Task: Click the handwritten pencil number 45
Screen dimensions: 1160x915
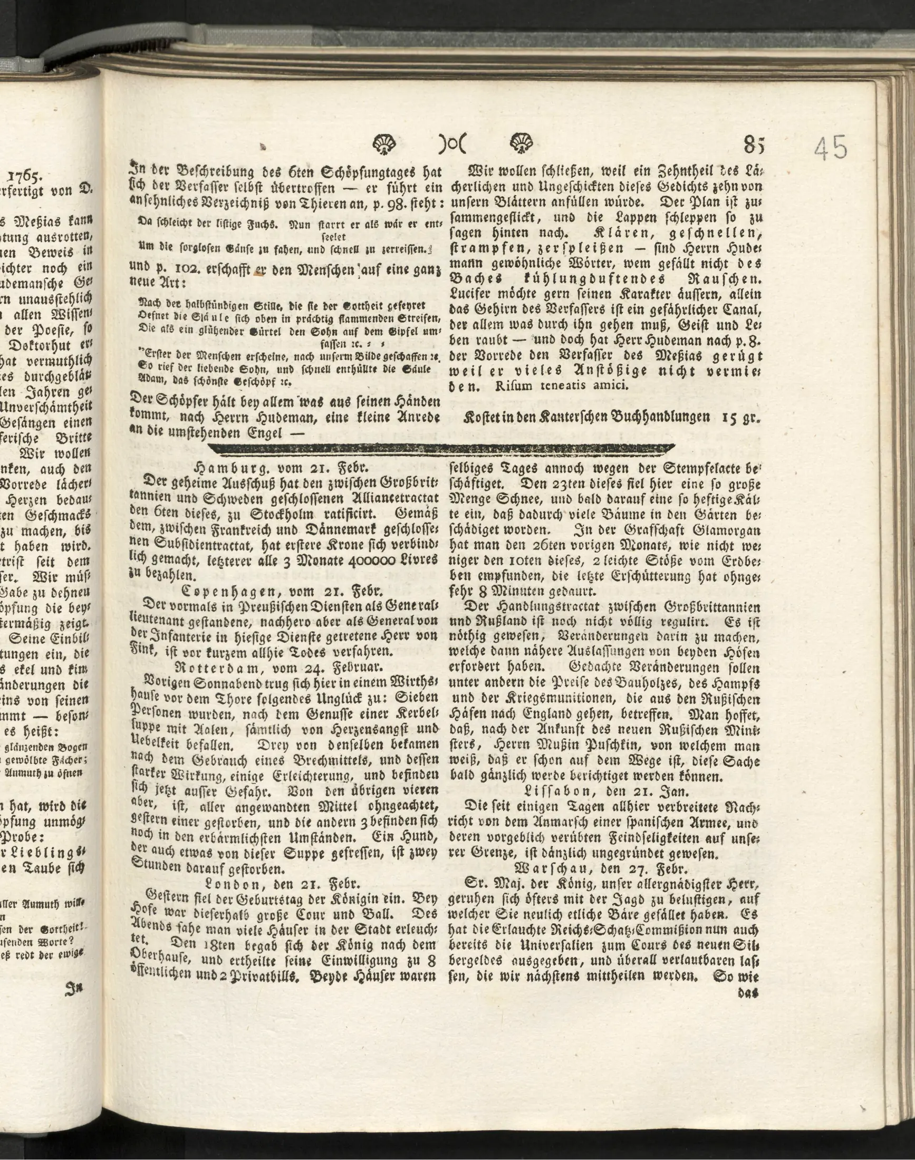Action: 831,147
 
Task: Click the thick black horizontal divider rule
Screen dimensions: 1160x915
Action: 439,448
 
